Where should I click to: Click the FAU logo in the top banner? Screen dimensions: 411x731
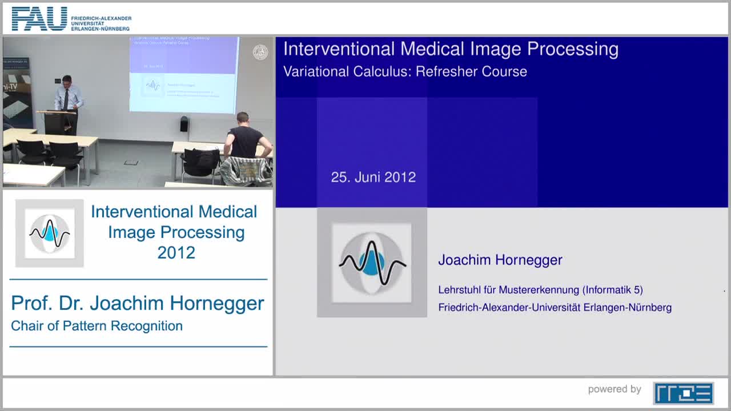(x=40, y=19)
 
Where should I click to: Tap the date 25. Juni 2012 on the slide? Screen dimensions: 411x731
(x=373, y=177)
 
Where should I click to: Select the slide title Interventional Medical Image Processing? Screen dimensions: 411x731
(x=451, y=49)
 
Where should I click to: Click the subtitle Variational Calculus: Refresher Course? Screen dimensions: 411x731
(x=405, y=72)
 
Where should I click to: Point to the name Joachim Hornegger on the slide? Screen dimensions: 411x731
(x=500, y=260)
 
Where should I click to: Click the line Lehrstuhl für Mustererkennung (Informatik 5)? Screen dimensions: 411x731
(x=540, y=290)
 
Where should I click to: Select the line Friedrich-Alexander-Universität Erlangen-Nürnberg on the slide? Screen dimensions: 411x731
(x=555, y=308)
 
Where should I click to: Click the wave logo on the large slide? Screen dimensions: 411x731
(x=372, y=263)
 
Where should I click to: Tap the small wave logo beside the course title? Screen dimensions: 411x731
(x=50, y=233)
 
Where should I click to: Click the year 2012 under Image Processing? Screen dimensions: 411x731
(x=176, y=252)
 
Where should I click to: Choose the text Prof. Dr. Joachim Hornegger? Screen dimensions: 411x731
(x=138, y=303)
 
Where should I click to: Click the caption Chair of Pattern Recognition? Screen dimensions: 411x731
(x=97, y=326)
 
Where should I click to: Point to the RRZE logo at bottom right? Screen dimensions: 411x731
(x=683, y=393)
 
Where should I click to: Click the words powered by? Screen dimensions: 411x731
(x=614, y=389)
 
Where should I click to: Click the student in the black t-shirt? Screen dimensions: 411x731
(x=245, y=137)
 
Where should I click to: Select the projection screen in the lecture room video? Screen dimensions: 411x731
(x=184, y=74)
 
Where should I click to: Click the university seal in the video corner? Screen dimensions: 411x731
(x=260, y=53)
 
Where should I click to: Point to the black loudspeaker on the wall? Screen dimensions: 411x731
(x=184, y=123)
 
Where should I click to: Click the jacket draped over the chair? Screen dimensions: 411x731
(x=246, y=171)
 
